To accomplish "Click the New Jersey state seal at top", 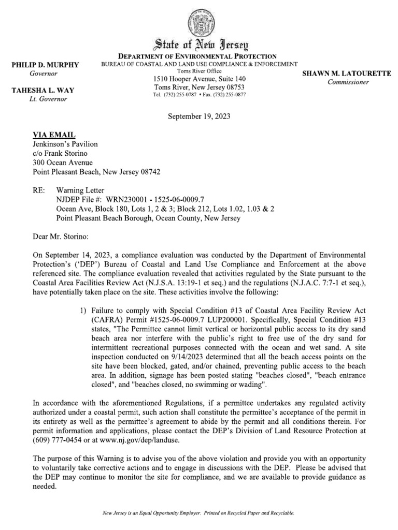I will (199, 21).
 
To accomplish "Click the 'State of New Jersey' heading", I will (199, 45).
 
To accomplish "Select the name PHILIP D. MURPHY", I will (45, 65).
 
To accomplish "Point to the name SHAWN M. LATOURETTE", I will (347, 73).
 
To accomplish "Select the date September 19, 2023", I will (200, 116).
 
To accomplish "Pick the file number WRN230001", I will (125, 199).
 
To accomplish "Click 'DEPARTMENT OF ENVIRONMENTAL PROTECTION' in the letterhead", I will (199, 56).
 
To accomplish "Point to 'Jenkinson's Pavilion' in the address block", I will (65, 144).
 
